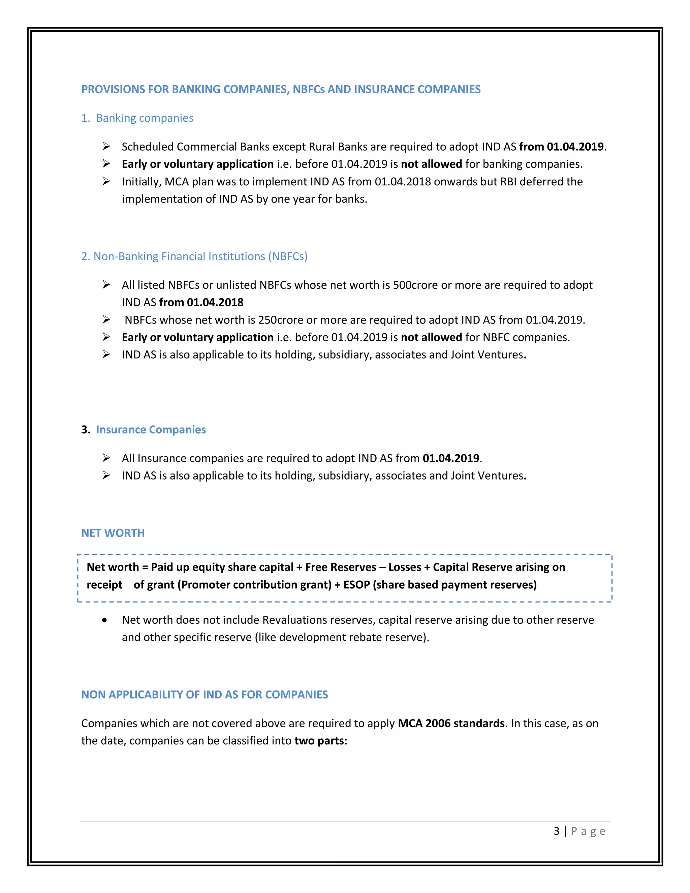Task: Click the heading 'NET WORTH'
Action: tap(113, 533)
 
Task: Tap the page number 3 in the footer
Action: tap(556, 831)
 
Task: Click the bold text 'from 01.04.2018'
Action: tap(201, 302)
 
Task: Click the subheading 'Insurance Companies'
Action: tap(151, 429)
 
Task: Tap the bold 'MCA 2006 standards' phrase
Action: tap(451, 723)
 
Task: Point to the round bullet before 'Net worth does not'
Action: tap(105, 620)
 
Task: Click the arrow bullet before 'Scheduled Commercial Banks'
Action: tap(106, 146)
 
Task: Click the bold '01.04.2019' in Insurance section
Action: tap(451, 458)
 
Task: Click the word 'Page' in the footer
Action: tap(588, 831)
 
